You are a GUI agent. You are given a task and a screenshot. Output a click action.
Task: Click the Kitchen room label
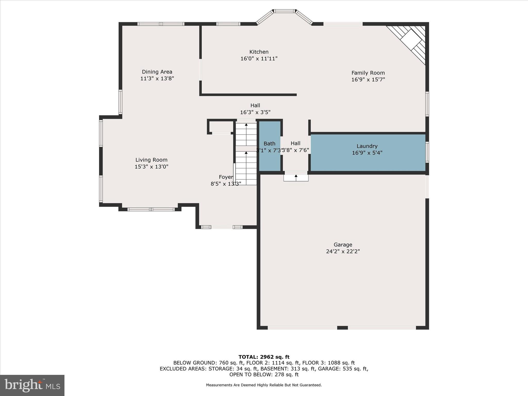(259, 52)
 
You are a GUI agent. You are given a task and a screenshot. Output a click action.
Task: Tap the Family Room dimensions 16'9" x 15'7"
(368, 80)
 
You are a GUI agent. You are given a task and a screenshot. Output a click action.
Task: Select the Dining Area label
(157, 72)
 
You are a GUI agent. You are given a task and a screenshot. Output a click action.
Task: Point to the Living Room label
(151, 160)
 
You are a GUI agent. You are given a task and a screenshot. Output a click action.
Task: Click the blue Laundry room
(368, 152)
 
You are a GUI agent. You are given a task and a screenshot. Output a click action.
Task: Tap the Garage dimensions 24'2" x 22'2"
(343, 251)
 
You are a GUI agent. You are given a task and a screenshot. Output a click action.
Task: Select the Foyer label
(226, 177)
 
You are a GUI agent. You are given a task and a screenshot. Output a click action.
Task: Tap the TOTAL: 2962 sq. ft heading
(264, 357)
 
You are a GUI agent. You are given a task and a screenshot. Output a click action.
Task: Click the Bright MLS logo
(32, 385)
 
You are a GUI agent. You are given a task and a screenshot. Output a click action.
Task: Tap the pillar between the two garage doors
(342, 328)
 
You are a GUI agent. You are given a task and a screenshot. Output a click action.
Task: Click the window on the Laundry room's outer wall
(427, 152)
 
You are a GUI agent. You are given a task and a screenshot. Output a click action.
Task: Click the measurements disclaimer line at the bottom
(264, 385)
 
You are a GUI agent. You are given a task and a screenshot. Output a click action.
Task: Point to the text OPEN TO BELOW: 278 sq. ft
(264, 375)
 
